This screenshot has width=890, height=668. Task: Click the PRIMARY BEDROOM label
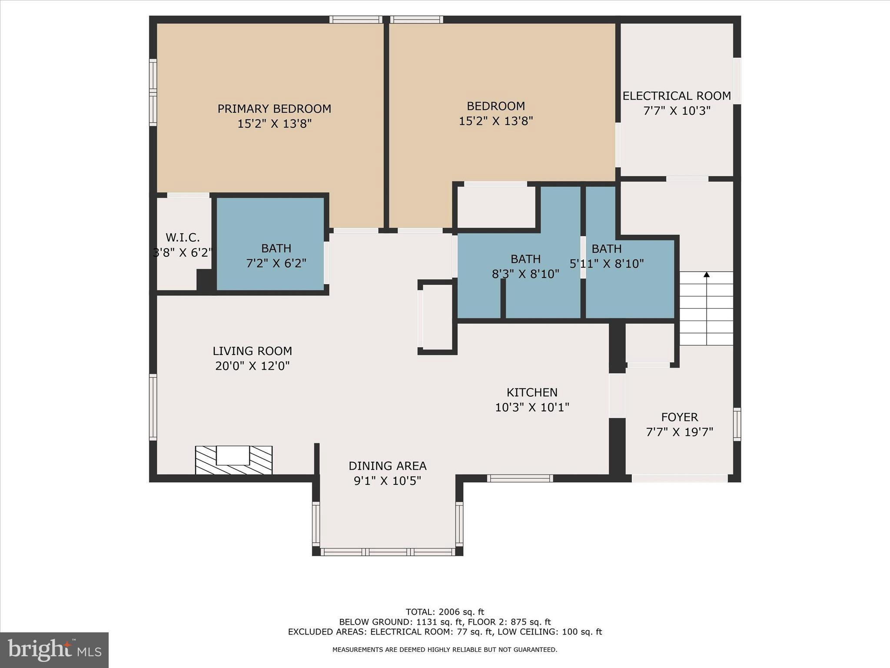tap(274, 109)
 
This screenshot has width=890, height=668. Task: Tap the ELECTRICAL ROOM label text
tap(677, 96)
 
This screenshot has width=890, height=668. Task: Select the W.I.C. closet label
tap(183, 238)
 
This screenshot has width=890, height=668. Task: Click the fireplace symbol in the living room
tap(233, 460)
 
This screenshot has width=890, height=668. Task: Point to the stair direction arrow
tap(707, 275)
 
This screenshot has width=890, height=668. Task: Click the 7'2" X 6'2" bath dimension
tap(276, 264)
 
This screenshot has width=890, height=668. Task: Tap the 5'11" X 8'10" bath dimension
tap(607, 264)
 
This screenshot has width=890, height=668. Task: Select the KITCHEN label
tap(532, 393)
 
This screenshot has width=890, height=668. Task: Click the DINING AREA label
tap(387, 466)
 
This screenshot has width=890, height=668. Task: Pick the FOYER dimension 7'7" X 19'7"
tap(680, 432)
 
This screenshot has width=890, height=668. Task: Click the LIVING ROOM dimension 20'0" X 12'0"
tap(252, 366)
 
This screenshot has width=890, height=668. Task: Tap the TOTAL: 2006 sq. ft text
tap(445, 612)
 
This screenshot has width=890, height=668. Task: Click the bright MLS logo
tap(54, 650)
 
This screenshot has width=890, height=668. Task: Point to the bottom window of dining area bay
tap(388, 552)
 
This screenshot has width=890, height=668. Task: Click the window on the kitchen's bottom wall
tap(520, 478)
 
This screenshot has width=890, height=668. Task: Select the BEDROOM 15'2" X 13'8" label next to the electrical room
tap(496, 114)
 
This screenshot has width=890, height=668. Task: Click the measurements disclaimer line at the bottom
tap(445, 650)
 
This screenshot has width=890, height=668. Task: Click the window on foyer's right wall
tap(737, 424)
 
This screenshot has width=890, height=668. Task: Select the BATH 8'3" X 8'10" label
tap(525, 267)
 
